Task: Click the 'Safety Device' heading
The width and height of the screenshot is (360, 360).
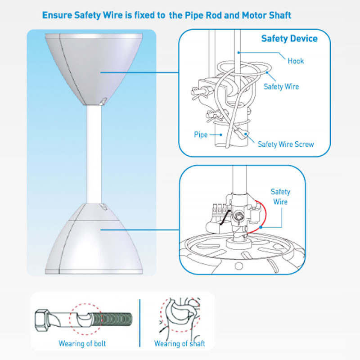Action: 289,39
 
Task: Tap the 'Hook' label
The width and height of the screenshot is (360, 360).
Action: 296,61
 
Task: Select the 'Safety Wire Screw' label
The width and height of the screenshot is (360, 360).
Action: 286,144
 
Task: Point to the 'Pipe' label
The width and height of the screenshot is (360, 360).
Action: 201,135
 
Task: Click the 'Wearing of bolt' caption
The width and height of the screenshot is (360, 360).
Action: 82,343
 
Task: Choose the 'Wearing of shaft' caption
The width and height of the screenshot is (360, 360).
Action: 180,343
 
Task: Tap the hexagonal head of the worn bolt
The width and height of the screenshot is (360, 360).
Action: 42,320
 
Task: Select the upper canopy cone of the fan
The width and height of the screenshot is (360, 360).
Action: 94,69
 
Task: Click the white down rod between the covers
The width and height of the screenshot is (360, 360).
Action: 94,154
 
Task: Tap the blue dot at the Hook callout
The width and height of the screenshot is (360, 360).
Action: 239,53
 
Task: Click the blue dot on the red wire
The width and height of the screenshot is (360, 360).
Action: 261,227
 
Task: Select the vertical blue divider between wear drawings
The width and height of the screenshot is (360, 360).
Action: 140,323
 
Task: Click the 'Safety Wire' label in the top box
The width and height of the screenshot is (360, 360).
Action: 281,86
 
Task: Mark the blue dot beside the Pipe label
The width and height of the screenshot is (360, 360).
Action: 221,135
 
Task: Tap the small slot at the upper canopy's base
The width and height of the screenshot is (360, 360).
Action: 103,101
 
